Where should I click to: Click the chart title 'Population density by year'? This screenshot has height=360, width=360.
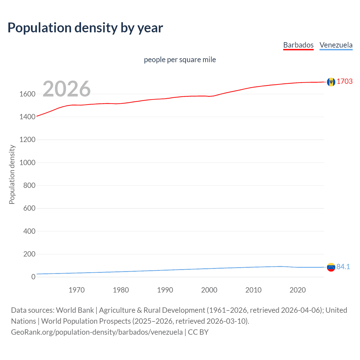[x=85, y=28]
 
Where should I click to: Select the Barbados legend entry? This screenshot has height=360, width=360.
[x=298, y=45]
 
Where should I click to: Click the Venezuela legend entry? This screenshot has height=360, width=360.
[x=336, y=45]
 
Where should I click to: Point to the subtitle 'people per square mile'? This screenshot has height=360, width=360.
[x=180, y=60]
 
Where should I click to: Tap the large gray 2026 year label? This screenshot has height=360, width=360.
[x=67, y=89]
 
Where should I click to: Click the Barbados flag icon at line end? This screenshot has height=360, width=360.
[x=331, y=82]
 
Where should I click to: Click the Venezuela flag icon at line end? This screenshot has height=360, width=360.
[x=331, y=267]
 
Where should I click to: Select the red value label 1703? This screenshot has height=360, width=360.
[x=345, y=81]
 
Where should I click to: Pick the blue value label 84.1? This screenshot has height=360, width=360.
[x=343, y=267]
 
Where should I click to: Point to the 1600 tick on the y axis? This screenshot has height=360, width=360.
[x=27, y=94]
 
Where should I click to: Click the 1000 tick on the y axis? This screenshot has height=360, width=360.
[x=27, y=163]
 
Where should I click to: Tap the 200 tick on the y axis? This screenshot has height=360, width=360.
[x=29, y=254]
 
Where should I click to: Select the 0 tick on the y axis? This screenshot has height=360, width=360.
[x=33, y=277]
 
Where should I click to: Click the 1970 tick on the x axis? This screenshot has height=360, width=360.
[x=76, y=290]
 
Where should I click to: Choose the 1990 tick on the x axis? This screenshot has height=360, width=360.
[x=165, y=290]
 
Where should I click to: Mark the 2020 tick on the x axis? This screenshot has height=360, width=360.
[x=298, y=290]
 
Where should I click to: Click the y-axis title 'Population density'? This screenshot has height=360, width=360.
[x=12, y=174]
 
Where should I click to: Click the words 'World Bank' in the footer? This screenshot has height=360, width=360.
[x=75, y=310]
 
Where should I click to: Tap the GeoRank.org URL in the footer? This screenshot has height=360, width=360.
[x=97, y=332]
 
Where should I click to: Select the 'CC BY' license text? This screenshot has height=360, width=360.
[x=198, y=332]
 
